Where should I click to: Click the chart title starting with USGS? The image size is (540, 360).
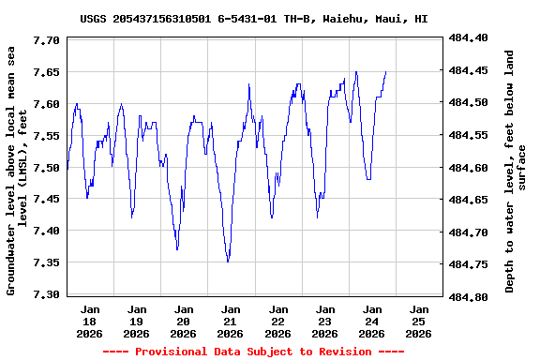click(x=253, y=18)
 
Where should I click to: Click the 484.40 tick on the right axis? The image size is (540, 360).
click(x=469, y=37)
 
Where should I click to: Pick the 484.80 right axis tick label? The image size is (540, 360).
click(x=469, y=296)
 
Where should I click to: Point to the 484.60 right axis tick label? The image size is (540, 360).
click(x=469, y=167)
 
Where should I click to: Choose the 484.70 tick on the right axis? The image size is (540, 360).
click(x=469, y=232)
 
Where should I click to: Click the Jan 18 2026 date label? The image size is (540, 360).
click(x=90, y=321)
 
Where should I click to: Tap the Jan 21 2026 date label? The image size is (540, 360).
click(x=231, y=321)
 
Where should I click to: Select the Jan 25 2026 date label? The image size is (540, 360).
click(x=419, y=321)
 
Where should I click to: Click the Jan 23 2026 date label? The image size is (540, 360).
click(x=324, y=321)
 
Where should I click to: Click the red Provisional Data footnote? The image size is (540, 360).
click(x=253, y=352)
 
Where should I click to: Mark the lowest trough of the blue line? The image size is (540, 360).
click(x=228, y=262)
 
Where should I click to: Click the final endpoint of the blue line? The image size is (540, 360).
click(x=385, y=71)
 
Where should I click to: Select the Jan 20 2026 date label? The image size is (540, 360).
click(x=184, y=321)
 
